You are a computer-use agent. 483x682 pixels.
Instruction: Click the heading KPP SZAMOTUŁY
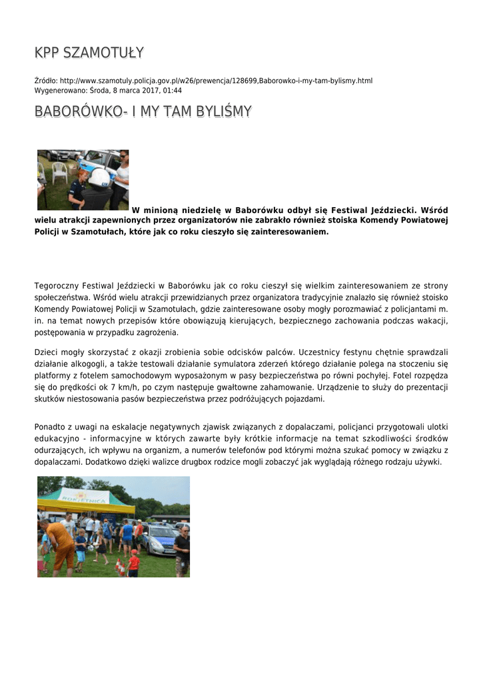click(x=89, y=53)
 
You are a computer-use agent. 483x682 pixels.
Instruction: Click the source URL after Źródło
click(x=216, y=81)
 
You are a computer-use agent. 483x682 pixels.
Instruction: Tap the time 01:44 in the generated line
click(x=173, y=91)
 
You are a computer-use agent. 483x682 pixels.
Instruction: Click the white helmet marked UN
click(x=99, y=177)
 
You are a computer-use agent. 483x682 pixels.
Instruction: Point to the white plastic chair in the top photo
click(x=60, y=172)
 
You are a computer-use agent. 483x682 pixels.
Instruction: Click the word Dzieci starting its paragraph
click(x=46, y=352)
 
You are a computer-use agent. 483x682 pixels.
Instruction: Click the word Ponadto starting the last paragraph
click(x=50, y=426)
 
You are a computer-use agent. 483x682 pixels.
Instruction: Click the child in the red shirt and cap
click(x=133, y=563)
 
